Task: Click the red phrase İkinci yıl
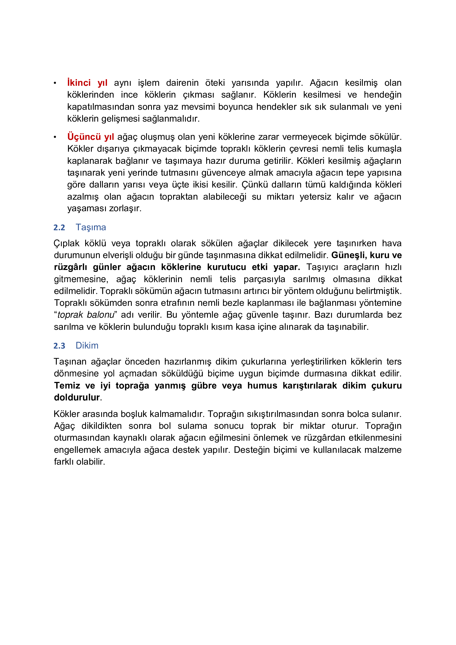[87, 83]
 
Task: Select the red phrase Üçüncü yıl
[90, 137]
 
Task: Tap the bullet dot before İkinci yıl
[55, 83]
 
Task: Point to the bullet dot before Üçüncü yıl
[55, 137]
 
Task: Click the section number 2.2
[59, 228]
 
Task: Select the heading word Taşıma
[91, 227]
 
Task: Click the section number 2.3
[59, 346]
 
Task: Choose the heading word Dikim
[87, 346]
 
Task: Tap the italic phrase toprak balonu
[86, 315]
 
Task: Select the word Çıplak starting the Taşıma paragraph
[66, 243]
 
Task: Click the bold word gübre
[204, 386]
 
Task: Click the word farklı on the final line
[64, 462]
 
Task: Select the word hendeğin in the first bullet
[382, 95]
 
